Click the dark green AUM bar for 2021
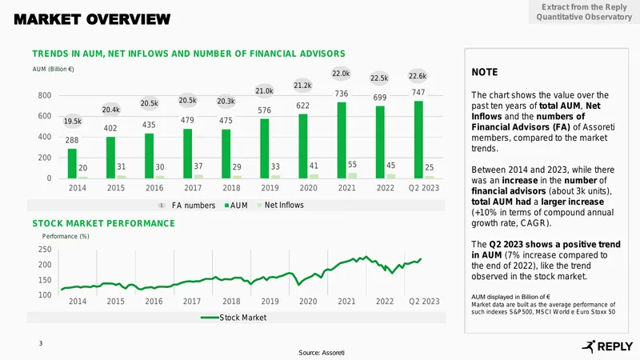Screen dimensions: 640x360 (x=342, y=140)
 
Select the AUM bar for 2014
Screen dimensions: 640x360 (x=72, y=163)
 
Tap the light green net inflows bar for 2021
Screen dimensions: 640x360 (x=352, y=175)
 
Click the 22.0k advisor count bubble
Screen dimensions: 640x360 (x=341, y=74)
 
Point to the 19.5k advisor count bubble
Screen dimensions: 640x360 (x=73, y=122)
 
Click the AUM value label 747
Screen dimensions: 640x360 (x=418, y=92)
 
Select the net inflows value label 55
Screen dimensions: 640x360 (x=352, y=165)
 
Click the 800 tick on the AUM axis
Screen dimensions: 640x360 (x=45, y=95)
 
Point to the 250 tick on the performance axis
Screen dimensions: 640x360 (x=45, y=250)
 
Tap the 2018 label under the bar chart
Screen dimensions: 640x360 (x=231, y=188)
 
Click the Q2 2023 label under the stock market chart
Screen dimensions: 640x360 (x=425, y=302)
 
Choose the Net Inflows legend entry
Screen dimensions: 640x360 (x=281, y=205)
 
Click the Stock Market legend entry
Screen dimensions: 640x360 (x=234, y=318)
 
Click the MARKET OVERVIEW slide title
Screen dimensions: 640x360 (x=92, y=19)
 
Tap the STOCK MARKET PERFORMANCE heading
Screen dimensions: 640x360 (x=104, y=223)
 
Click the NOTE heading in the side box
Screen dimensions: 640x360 (x=485, y=72)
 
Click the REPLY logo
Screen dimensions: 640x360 (x=607, y=346)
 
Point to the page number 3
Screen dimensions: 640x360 (x=41, y=343)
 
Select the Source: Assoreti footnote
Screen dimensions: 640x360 (x=322, y=353)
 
